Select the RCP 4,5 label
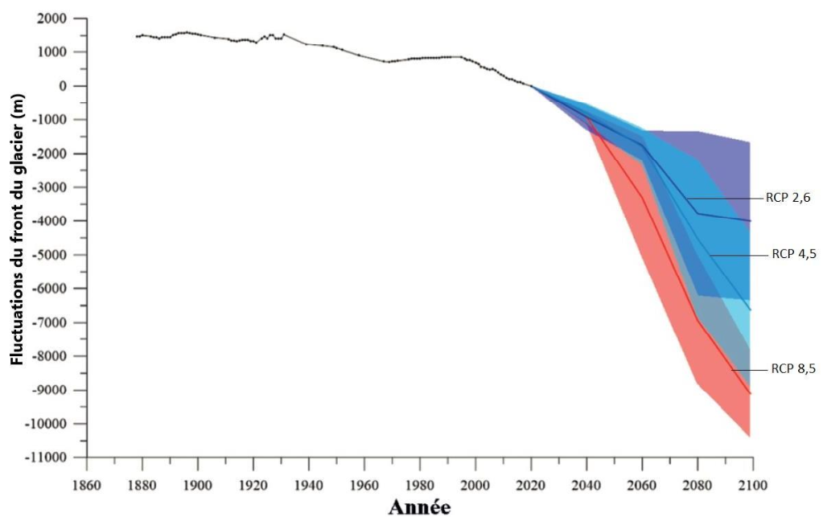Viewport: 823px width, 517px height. (x=794, y=255)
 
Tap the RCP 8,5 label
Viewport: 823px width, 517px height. (x=792, y=369)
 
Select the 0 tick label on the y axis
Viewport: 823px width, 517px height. (x=63, y=86)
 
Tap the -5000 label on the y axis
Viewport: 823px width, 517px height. (x=51, y=255)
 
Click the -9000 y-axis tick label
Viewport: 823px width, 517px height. (x=51, y=390)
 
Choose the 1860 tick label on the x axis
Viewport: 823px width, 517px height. (x=86, y=485)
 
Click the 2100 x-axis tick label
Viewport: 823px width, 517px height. (x=752, y=485)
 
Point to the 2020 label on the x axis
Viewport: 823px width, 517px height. (x=530, y=485)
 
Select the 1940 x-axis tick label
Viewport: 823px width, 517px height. (x=308, y=485)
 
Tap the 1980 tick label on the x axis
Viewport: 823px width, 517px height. (x=419, y=485)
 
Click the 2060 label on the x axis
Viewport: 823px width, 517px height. (x=641, y=485)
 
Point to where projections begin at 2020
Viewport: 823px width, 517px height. (x=531, y=86)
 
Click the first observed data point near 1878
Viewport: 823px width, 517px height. (x=138, y=36)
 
